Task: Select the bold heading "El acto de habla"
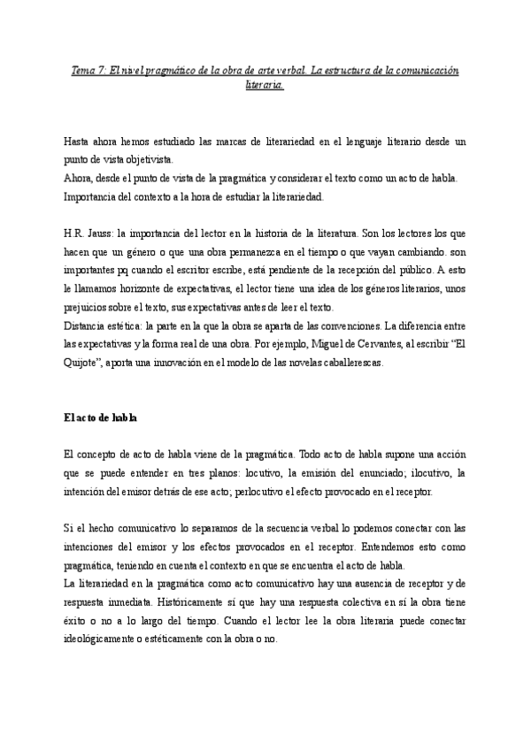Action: [99, 417]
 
